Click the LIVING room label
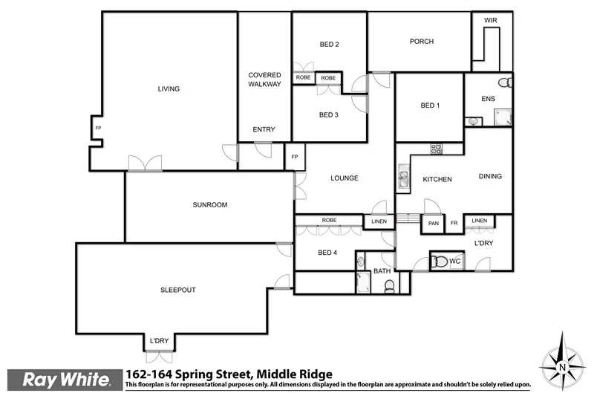(x=169, y=89)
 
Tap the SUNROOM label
(x=209, y=205)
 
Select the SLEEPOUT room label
(x=178, y=290)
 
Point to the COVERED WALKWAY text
(x=264, y=79)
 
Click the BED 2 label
(x=329, y=45)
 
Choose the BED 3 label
(x=328, y=114)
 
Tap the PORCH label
(x=421, y=42)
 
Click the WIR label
(x=490, y=21)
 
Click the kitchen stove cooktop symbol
(x=436, y=148)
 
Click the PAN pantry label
(x=432, y=224)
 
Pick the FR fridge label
(x=454, y=224)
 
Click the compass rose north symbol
(x=562, y=366)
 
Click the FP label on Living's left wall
(x=98, y=129)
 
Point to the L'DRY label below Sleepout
(x=159, y=341)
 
